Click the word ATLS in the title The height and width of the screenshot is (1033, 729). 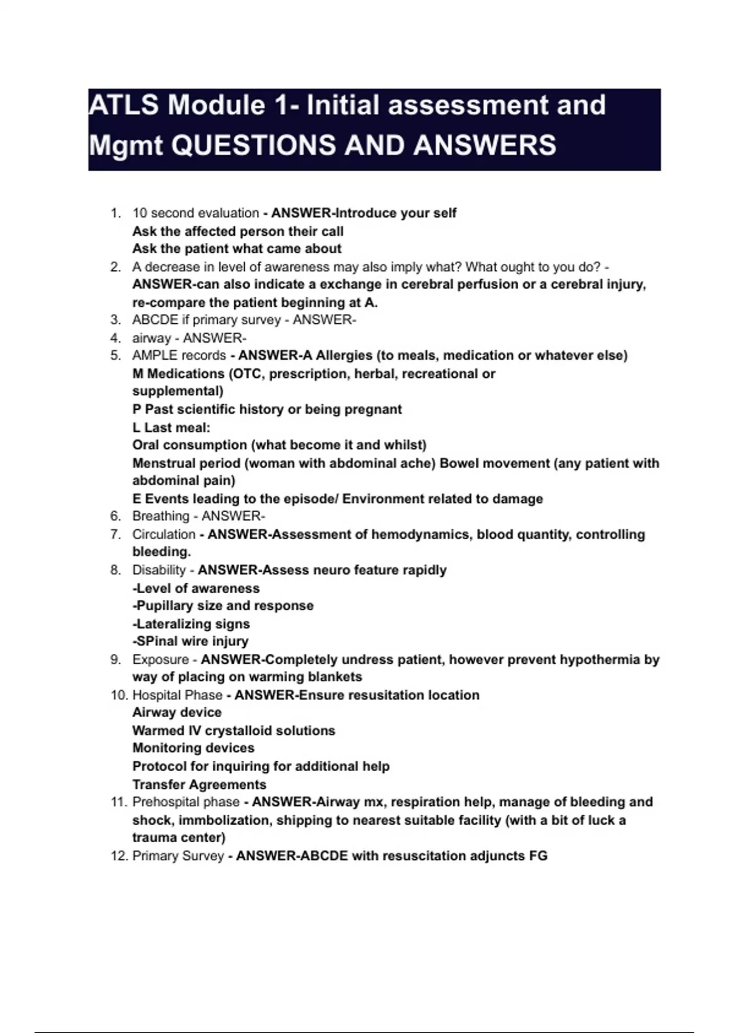click(x=124, y=105)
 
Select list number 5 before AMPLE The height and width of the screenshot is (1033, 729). click(x=115, y=355)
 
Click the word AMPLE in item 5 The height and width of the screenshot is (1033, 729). click(x=155, y=355)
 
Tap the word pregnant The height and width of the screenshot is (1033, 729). click(x=373, y=410)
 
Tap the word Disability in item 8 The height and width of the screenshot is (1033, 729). click(x=159, y=571)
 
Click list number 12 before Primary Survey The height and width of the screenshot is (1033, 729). click(x=118, y=856)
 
